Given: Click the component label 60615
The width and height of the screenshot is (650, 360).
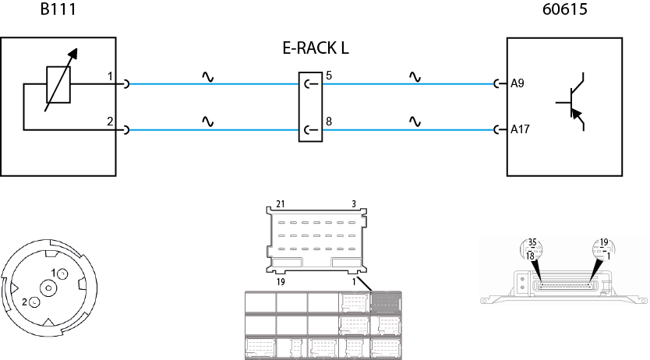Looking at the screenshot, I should click(564, 11).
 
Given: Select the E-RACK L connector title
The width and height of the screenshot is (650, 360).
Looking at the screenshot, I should click(315, 48).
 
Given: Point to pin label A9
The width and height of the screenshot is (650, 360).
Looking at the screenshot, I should click(517, 83).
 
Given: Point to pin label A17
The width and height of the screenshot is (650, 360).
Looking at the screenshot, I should click(520, 129).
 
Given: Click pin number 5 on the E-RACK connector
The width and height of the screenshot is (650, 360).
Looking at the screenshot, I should click(329, 76).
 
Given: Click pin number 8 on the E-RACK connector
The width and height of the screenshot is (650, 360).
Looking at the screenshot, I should click(329, 121).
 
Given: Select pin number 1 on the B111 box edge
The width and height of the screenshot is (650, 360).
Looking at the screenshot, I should click(111, 76).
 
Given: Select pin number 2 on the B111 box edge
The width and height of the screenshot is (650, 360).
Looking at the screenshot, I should click(111, 121).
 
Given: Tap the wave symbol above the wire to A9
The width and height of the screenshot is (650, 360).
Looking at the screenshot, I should click(415, 77).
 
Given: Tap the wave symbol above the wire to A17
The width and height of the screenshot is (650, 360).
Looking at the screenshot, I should click(415, 122).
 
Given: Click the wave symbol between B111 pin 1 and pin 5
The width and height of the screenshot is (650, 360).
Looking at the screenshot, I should click(207, 77).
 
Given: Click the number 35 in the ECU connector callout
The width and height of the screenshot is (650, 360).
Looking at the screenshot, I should click(533, 242).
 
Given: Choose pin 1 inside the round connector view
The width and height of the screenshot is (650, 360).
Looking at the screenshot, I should click(53, 272).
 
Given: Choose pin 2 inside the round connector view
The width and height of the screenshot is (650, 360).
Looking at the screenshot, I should click(25, 301).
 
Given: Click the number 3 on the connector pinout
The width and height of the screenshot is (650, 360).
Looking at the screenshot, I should click(354, 203).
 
